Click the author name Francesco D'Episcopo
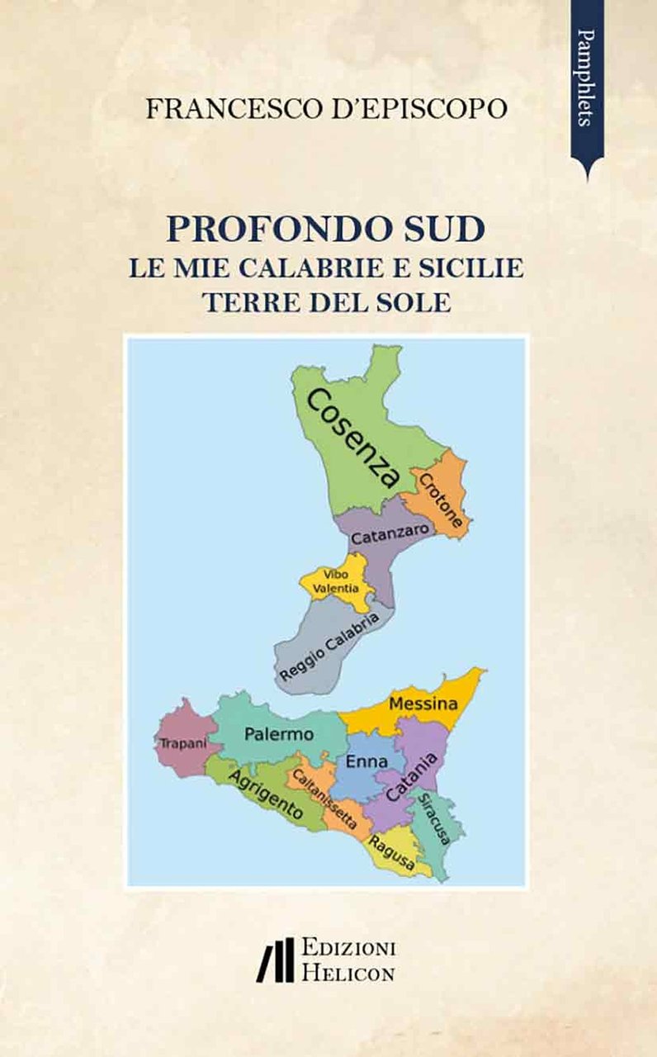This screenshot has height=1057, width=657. click(x=326, y=109)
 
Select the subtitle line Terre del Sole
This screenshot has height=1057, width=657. click(x=327, y=301)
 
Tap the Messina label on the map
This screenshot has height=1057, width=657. click(x=423, y=704)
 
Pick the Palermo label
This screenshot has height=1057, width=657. click(x=279, y=733)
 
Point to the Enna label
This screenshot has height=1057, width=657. click(x=366, y=761)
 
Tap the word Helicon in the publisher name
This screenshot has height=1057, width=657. click(x=347, y=972)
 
